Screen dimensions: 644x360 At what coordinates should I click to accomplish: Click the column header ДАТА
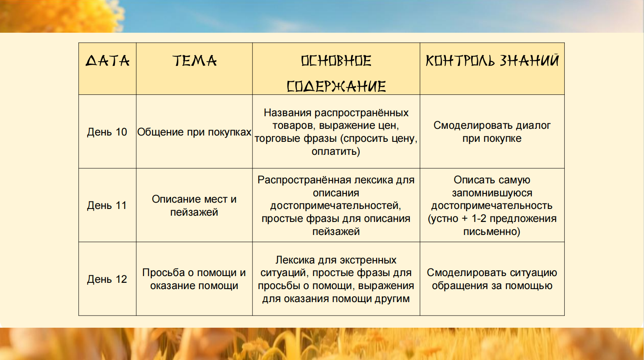click(107, 61)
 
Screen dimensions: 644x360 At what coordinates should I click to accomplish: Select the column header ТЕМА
click(195, 61)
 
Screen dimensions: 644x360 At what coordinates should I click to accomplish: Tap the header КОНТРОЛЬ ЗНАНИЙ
click(492, 60)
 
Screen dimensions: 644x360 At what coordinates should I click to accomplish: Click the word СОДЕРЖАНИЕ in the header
click(336, 86)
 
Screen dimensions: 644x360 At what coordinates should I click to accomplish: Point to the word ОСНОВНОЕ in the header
click(336, 61)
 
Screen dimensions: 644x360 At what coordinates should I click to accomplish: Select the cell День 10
click(107, 132)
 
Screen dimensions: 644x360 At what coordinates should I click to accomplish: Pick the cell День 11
click(107, 206)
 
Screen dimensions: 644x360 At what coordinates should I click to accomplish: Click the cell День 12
click(107, 279)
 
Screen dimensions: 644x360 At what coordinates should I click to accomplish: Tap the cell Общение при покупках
click(194, 132)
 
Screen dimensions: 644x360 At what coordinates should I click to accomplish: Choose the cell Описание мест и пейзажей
click(194, 206)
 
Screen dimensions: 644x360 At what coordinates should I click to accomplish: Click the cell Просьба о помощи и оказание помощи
click(194, 279)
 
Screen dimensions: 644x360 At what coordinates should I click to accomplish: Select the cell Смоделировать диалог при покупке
click(492, 132)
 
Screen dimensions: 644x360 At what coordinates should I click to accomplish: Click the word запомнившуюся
click(492, 193)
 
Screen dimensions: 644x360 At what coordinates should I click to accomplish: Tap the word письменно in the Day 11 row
click(490, 231)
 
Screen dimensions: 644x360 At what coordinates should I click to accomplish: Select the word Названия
click(288, 112)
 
